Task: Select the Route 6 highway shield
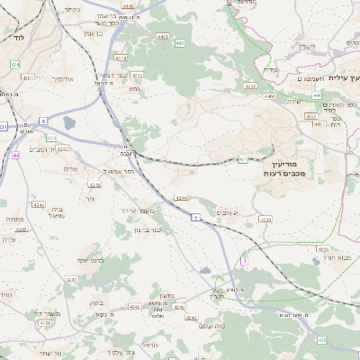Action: point(42,120)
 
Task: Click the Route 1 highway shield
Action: point(195,217)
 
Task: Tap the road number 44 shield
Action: point(16,156)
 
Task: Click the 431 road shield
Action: point(3,127)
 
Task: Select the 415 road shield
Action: point(321,340)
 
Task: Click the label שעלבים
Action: point(229,212)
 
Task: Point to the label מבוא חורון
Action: point(338,257)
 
